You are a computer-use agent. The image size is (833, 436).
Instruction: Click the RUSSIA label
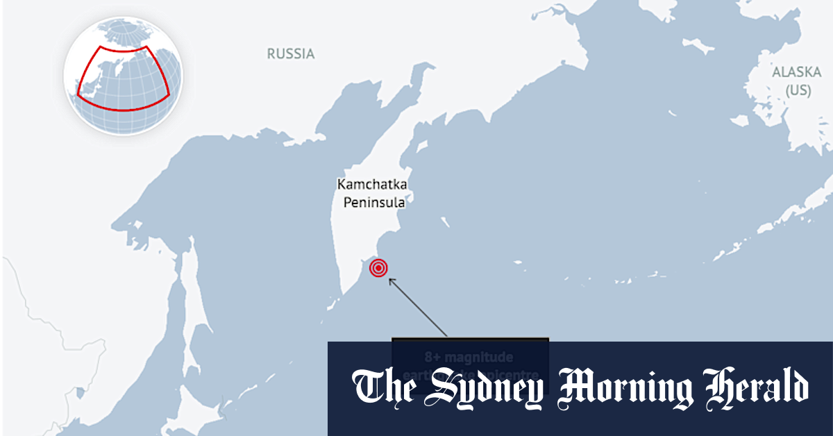291,53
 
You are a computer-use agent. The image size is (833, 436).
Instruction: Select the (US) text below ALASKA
798,90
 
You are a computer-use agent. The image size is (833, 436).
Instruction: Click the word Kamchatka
372,185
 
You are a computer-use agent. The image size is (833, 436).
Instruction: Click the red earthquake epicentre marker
378,268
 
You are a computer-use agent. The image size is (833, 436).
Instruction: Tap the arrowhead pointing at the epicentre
392,280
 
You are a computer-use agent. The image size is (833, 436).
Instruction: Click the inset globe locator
123,76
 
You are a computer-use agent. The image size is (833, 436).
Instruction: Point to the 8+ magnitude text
469,358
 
